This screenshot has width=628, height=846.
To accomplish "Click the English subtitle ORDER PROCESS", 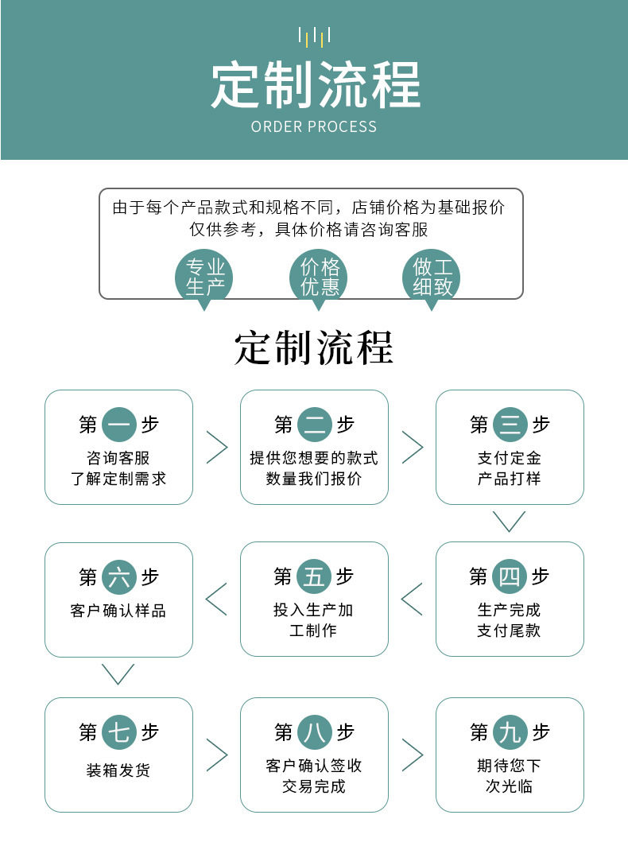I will pos(314,126).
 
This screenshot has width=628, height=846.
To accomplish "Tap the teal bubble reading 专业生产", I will pos(204,277).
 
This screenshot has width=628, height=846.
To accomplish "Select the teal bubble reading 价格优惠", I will pos(320,277).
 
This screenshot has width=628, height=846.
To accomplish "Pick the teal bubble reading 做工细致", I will pos(432,277).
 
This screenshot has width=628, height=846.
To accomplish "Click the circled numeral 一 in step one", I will pos(119,425).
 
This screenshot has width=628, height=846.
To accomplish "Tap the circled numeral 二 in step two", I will pos(315,425).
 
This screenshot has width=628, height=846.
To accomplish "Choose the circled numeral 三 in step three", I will pos(510,425).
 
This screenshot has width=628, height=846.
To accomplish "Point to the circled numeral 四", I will pos(510,576).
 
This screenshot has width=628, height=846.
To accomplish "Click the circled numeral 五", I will pos(314,576).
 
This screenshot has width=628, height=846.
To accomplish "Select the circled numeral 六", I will pos(119,577).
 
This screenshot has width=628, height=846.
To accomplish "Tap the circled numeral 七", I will pos(119,732).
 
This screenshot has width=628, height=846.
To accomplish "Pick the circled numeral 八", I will pos(315,732).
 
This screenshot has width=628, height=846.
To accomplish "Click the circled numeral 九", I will pos(510,732).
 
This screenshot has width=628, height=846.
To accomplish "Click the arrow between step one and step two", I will pos(217,448).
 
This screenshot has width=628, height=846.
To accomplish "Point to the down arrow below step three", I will pos(510,521).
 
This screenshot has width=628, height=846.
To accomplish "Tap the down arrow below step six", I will pos(118,674).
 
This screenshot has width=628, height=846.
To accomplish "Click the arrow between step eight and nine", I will pos(413,755).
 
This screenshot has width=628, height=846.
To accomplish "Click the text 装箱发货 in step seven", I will pos(118,770).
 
